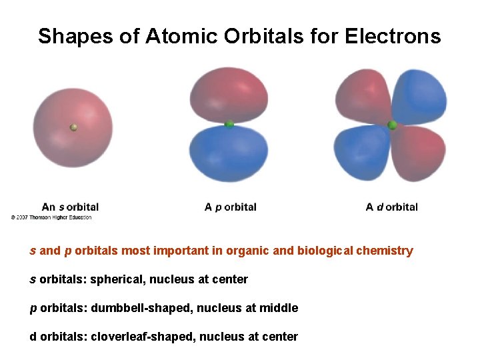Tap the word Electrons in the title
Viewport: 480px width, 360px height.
(393, 36)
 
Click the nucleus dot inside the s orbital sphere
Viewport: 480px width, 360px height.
(74, 127)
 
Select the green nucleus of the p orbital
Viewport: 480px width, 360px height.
(229, 124)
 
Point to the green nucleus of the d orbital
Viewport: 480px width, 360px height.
(392, 125)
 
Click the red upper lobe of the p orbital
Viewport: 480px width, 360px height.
(229, 97)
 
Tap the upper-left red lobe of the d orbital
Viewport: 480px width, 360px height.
(363, 97)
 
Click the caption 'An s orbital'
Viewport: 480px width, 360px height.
(70, 207)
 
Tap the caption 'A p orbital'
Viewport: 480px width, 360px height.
(230, 207)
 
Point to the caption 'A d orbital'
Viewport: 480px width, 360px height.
(392, 207)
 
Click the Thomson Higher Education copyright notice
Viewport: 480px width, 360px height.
(51, 217)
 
